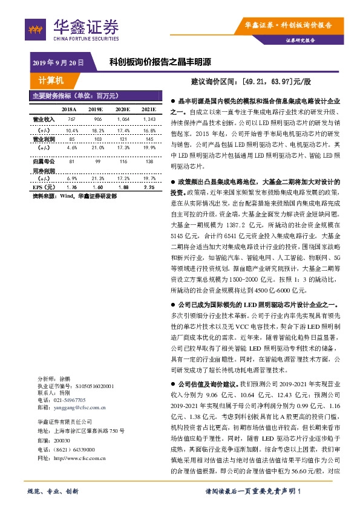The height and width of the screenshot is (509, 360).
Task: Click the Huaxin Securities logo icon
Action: (x=35, y=27)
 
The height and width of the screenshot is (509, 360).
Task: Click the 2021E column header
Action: (x=148, y=109)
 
